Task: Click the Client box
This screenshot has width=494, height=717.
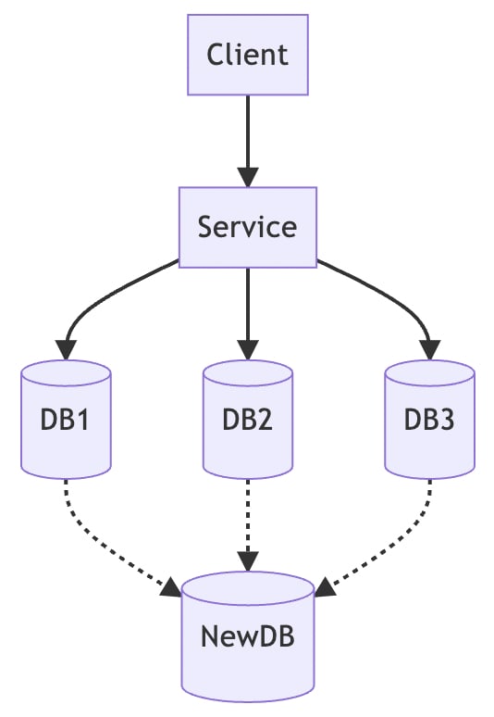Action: [248, 55]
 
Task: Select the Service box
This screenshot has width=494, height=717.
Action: [248, 227]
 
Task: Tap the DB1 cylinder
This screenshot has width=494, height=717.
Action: [67, 420]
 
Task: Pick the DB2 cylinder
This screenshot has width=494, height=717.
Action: [248, 420]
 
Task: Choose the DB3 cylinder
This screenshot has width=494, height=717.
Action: [429, 420]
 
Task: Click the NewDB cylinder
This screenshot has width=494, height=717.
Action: [248, 636]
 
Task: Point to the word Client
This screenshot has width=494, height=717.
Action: [247, 55]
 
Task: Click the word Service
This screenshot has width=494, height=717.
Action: [247, 227]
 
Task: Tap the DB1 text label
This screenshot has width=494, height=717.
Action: [65, 420]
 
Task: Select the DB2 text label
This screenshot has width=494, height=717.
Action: [247, 420]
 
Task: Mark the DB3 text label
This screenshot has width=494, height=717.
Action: [429, 420]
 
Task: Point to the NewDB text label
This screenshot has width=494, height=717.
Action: [247, 636]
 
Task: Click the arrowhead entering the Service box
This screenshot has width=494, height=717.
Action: [248, 178]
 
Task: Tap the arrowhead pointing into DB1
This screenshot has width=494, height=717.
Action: [67, 350]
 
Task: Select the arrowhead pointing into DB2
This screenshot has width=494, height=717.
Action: [248, 350]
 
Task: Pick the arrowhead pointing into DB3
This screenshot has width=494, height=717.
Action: [429, 350]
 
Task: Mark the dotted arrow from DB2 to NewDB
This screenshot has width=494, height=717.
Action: [248, 525]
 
